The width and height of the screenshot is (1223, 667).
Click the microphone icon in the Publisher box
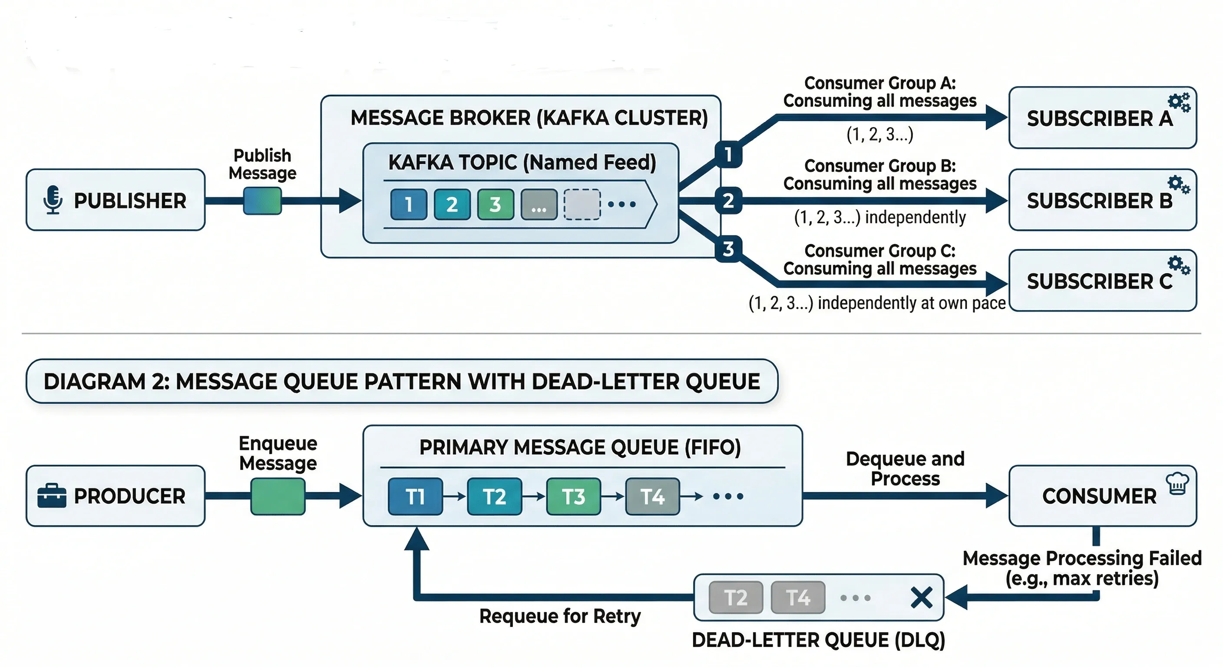pyautogui.click(x=53, y=199)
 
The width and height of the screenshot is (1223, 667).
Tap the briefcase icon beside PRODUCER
pyautogui.click(x=52, y=495)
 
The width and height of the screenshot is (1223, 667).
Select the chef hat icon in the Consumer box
pyautogui.click(x=1177, y=483)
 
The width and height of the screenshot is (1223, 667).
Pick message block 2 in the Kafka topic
pyautogui.click(x=452, y=204)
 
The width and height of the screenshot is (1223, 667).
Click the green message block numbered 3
pyautogui.click(x=495, y=204)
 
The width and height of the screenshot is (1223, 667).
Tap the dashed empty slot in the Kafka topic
pyautogui.click(x=582, y=204)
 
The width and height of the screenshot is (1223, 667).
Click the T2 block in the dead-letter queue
pyautogui.click(x=735, y=597)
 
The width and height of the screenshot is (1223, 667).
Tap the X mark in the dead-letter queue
pyautogui.click(x=922, y=597)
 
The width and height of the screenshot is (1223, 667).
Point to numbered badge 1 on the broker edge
pyautogui.click(x=728, y=154)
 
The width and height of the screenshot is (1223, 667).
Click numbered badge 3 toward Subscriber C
pyautogui.click(x=728, y=248)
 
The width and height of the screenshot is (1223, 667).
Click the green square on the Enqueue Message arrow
pyautogui.click(x=278, y=496)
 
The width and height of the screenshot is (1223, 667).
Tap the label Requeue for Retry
pyautogui.click(x=560, y=616)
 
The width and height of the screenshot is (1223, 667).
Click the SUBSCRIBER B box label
pyautogui.click(x=1100, y=201)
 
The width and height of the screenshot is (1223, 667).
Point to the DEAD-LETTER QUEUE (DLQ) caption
pyautogui.click(x=819, y=640)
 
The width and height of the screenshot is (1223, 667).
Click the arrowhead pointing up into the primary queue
pyautogui.click(x=417, y=539)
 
